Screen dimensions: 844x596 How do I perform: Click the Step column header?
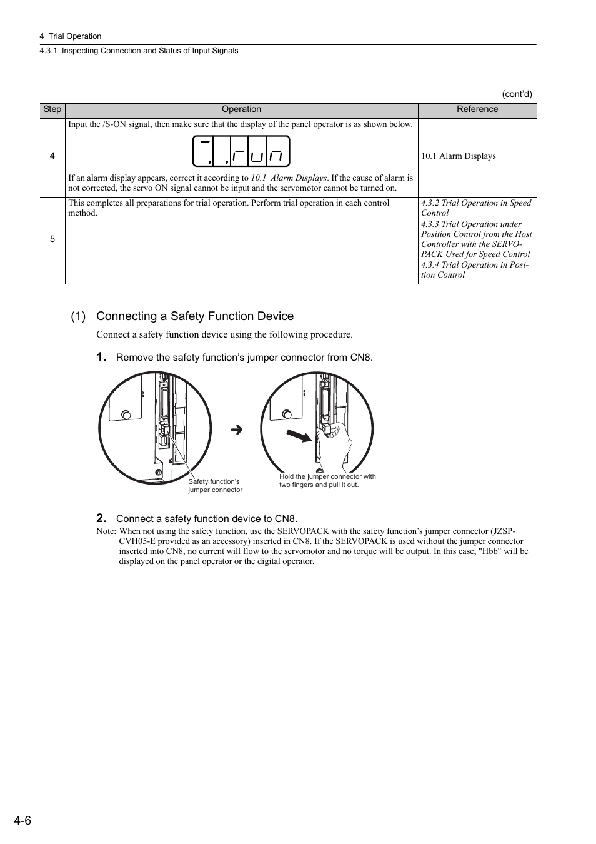click(52, 109)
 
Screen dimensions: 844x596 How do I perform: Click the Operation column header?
click(241, 109)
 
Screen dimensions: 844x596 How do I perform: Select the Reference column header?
click(477, 109)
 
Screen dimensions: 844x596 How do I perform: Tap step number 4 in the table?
click(52, 156)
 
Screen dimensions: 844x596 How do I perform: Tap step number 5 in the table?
click(52, 239)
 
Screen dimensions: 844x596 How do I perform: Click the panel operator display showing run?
click(241, 151)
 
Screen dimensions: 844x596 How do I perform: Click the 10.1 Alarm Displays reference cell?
click(458, 156)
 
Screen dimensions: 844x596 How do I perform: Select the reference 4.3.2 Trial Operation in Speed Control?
click(475, 208)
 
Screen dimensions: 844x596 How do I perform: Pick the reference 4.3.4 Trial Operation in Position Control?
click(474, 269)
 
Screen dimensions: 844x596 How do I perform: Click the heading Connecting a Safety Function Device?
click(194, 316)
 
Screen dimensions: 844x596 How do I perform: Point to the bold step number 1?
click(101, 357)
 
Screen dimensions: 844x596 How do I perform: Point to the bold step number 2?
click(101, 518)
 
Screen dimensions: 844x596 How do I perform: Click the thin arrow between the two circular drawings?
click(236, 430)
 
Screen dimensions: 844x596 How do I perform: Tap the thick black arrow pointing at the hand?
click(299, 436)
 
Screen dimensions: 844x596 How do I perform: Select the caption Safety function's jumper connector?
click(215, 486)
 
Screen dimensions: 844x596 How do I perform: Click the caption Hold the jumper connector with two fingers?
click(327, 481)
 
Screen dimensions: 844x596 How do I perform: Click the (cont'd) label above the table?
click(517, 94)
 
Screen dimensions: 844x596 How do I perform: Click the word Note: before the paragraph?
click(106, 531)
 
